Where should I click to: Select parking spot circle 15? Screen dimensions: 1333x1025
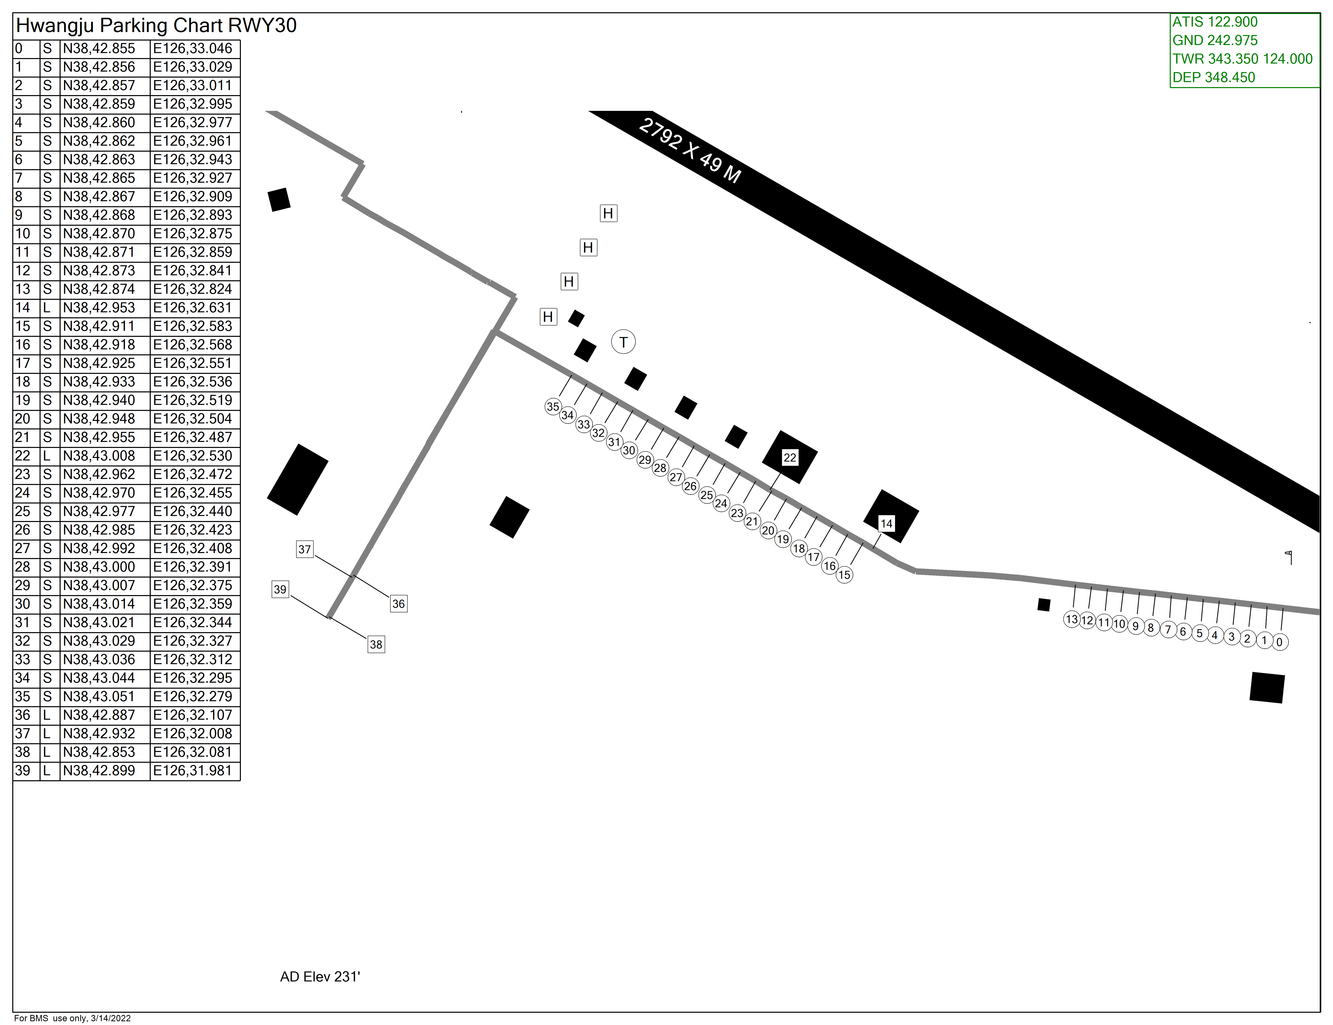coord(844,575)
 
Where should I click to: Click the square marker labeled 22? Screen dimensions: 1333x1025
coord(790,458)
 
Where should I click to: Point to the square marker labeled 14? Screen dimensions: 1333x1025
coord(886,524)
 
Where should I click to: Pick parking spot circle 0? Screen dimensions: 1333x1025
coord(1280,642)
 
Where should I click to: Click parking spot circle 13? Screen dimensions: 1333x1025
coord(1072,619)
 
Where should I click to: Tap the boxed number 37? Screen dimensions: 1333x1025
coord(304,549)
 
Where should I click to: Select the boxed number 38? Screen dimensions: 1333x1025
coord(376,644)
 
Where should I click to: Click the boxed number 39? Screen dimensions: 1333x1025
coord(280,589)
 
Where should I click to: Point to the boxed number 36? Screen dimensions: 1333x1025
coord(399,604)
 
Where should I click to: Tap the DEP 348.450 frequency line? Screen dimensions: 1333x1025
coord(1213,78)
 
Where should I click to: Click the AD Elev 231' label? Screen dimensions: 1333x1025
coord(320,977)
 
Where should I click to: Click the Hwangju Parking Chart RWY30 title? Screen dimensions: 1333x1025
coord(156,26)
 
